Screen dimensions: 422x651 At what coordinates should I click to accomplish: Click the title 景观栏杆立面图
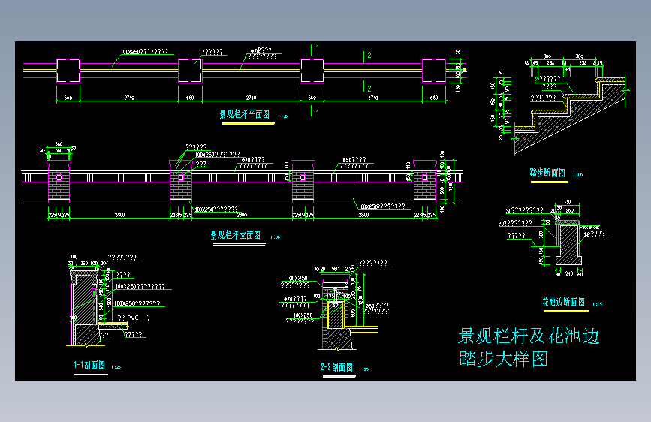(235, 235)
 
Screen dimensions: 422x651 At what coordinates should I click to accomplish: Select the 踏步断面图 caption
(547, 172)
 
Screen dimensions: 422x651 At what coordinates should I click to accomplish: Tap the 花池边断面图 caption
(564, 302)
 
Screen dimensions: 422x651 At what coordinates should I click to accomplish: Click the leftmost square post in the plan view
(68, 70)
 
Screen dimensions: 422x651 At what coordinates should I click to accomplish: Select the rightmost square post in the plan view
(433, 70)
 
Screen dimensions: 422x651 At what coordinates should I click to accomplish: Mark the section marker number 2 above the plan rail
(368, 56)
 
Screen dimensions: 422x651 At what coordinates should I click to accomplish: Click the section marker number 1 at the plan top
(318, 48)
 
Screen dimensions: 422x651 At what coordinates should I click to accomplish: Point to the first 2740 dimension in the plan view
(129, 98)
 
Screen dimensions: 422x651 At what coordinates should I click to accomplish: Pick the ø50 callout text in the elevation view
(354, 160)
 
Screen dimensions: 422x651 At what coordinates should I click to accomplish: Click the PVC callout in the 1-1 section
(134, 318)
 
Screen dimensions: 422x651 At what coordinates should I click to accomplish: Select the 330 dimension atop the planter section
(568, 203)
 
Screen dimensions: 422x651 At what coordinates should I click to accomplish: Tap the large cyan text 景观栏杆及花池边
(529, 336)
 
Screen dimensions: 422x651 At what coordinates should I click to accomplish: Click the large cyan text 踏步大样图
(504, 360)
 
